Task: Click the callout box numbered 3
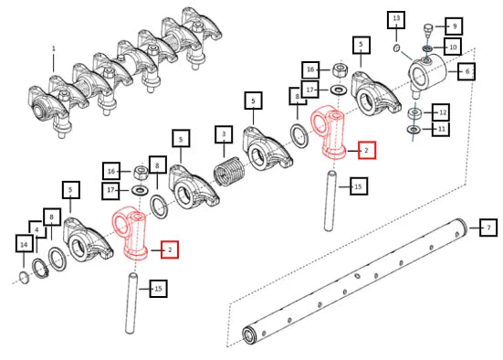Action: (224, 135)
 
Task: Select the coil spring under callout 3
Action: (229, 172)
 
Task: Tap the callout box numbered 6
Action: (466, 71)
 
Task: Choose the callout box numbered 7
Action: (488, 228)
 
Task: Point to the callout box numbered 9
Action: (454, 26)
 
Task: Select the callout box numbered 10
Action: (453, 47)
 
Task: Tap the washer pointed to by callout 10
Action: (427, 48)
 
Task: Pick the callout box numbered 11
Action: (441, 129)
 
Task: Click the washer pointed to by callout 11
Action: (414, 130)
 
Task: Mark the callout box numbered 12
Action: (441, 112)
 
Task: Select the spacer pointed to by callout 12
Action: (414, 113)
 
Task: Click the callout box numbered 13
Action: (396, 19)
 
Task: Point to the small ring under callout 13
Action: (397, 48)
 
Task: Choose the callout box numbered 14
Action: (24, 243)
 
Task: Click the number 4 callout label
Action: (37, 230)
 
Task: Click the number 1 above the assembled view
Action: (54, 48)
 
